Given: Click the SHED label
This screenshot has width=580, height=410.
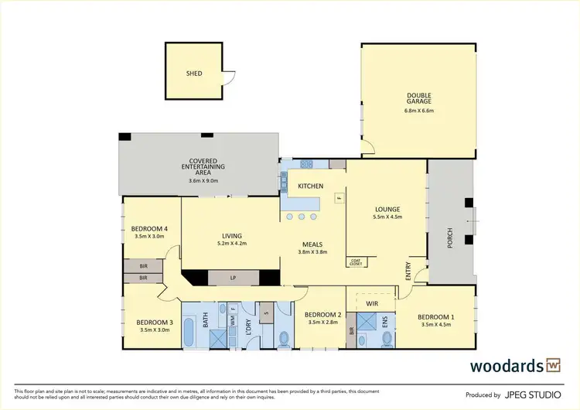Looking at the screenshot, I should pos(194,73).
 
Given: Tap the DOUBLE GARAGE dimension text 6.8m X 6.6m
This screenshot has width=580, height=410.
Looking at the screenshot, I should pos(419,111).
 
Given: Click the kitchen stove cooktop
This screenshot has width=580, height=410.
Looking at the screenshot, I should pos(305,164).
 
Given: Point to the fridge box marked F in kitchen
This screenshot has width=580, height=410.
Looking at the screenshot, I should pos(338,198).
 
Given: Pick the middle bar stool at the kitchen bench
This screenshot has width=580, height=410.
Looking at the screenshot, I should pos(301,217).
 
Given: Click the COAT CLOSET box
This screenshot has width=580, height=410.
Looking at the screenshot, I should pos(356,261).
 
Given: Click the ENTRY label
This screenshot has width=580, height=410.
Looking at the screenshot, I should pos(408,272).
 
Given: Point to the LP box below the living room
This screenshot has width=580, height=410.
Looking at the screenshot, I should pos(233,278).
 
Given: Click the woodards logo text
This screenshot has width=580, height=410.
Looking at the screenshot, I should pos(506,365).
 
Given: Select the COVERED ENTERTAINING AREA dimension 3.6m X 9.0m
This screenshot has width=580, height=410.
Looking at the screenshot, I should pos(203,181).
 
